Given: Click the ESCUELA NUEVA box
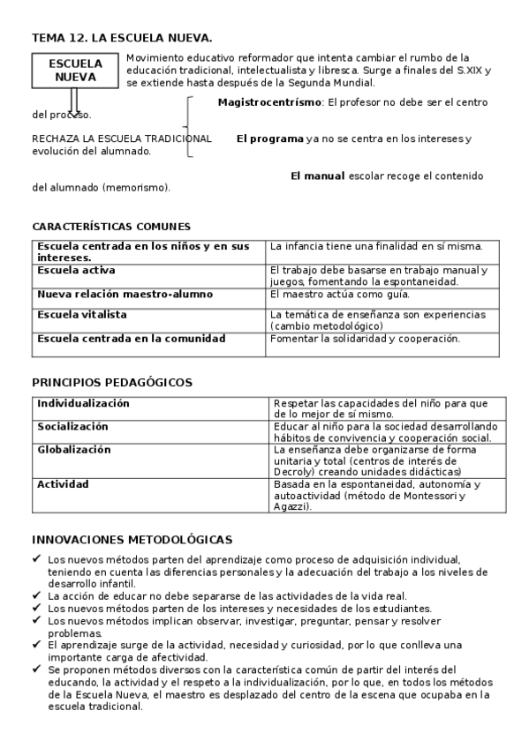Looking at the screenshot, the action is pyautogui.click(x=75, y=71).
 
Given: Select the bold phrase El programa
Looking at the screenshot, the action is pyautogui.click(x=269, y=138).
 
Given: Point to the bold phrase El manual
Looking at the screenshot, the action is pyautogui.click(x=318, y=176).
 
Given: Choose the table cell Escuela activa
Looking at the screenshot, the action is pyautogui.click(x=76, y=270).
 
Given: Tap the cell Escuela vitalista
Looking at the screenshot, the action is pyautogui.click(x=82, y=314).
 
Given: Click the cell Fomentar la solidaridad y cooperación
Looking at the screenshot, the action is pyautogui.click(x=366, y=338).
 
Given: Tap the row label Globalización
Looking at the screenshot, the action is pyautogui.click(x=74, y=449).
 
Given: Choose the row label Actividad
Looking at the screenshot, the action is pyautogui.click(x=63, y=483).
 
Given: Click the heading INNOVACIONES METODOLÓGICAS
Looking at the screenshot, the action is pyautogui.click(x=132, y=539).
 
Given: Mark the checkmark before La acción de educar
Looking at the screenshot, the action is pyautogui.click(x=36, y=595).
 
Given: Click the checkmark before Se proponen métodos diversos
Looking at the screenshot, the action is pyautogui.click(x=36, y=669).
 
